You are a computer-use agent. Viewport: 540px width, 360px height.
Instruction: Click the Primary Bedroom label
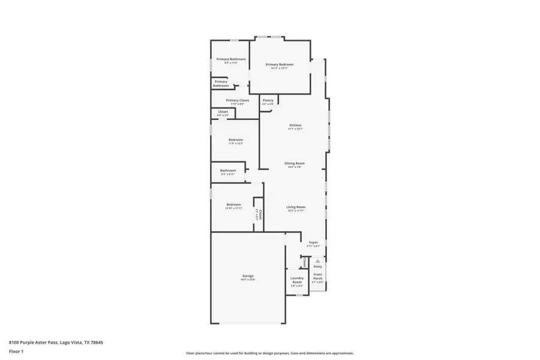point(280,64)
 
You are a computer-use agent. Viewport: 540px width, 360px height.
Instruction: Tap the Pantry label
point(268,100)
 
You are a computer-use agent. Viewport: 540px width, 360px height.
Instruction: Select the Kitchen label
point(295,125)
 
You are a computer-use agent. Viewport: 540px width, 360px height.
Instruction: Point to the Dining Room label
point(295,163)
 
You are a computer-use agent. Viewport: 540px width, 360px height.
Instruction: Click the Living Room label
point(296,207)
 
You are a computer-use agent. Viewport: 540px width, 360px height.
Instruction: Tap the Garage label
point(248,276)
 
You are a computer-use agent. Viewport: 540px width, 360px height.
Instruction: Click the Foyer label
point(313,242)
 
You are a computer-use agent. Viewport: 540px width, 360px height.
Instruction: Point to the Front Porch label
point(317,276)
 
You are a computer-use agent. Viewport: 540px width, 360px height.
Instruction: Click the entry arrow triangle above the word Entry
point(317,261)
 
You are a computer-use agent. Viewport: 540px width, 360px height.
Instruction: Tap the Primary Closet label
point(237,100)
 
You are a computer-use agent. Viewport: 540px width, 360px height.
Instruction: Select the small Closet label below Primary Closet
point(223,112)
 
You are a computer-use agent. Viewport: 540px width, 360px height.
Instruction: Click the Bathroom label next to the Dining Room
point(227,170)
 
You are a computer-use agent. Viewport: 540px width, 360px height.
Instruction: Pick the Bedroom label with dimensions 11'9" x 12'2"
point(235,140)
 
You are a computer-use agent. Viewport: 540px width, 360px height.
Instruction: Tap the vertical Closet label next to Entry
point(305,262)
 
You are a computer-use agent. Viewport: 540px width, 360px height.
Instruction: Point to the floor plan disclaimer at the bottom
point(269,353)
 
